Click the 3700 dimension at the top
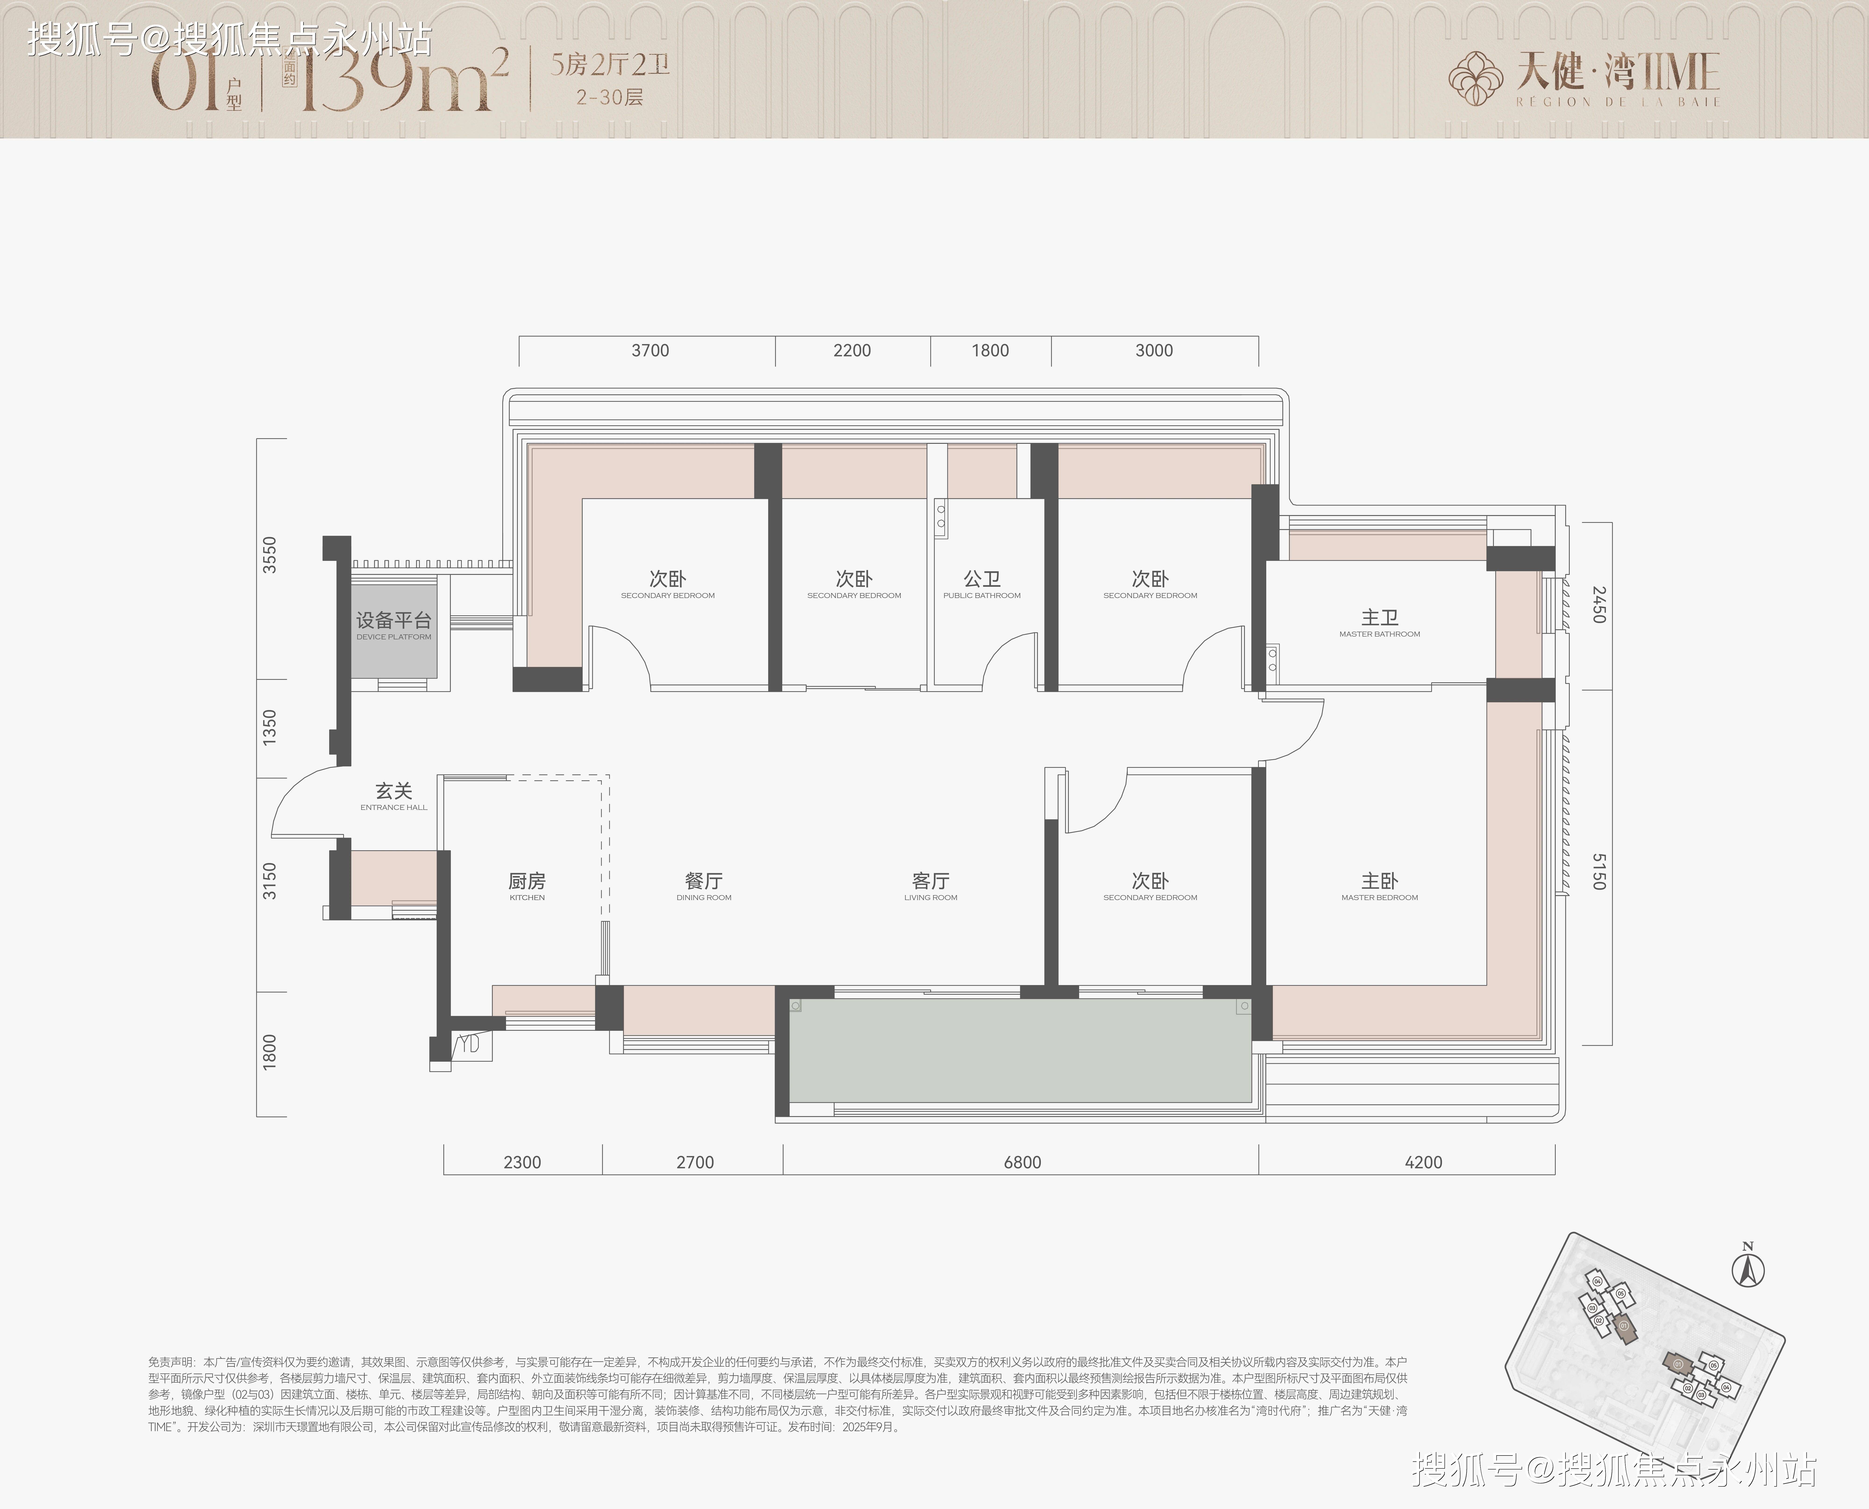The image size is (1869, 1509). [x=650, y=350]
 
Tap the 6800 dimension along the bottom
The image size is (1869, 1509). [x=1022, y=1162]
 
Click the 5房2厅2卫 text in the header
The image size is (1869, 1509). [x=609, y=65]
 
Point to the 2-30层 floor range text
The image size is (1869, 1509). [x=609, y=97]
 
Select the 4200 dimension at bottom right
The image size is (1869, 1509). [x=1423, y=1162]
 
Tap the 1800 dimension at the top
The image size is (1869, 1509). [x=990, y=350]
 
